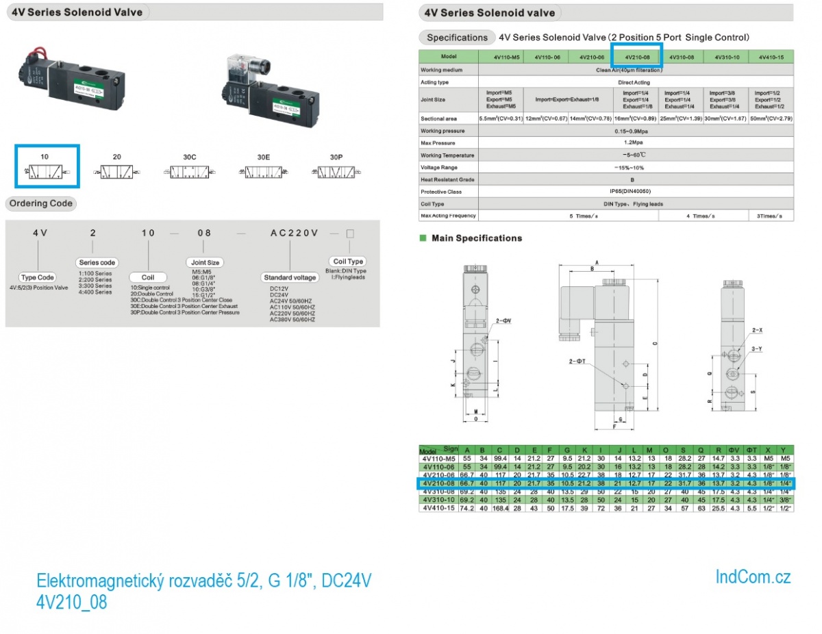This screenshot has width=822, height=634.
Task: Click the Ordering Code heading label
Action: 40,203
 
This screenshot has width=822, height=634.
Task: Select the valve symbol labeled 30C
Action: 190,172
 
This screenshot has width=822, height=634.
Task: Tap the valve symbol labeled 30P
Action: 336,172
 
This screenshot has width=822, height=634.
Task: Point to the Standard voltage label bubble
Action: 290,278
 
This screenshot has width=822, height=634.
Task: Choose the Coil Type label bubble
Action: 348,262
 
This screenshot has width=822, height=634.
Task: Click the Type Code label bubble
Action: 37,278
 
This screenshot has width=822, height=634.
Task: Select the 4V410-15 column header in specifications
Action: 771,57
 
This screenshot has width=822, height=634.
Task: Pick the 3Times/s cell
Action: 771,216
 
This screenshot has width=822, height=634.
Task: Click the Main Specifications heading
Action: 476,238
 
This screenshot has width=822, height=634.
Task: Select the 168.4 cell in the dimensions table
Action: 499,509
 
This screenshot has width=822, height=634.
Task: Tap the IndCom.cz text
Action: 753,577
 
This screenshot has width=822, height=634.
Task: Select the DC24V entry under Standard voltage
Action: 280,295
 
